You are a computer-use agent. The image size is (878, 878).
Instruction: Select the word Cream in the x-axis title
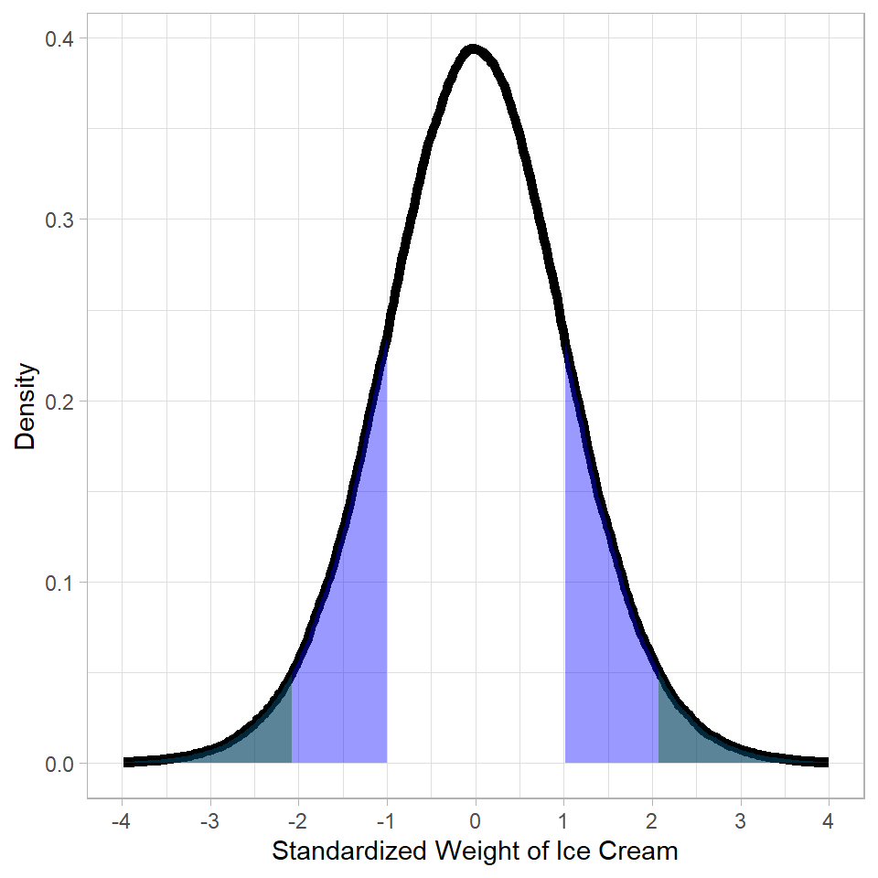pos(640,851)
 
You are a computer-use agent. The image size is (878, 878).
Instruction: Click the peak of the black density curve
pos(473,50)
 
